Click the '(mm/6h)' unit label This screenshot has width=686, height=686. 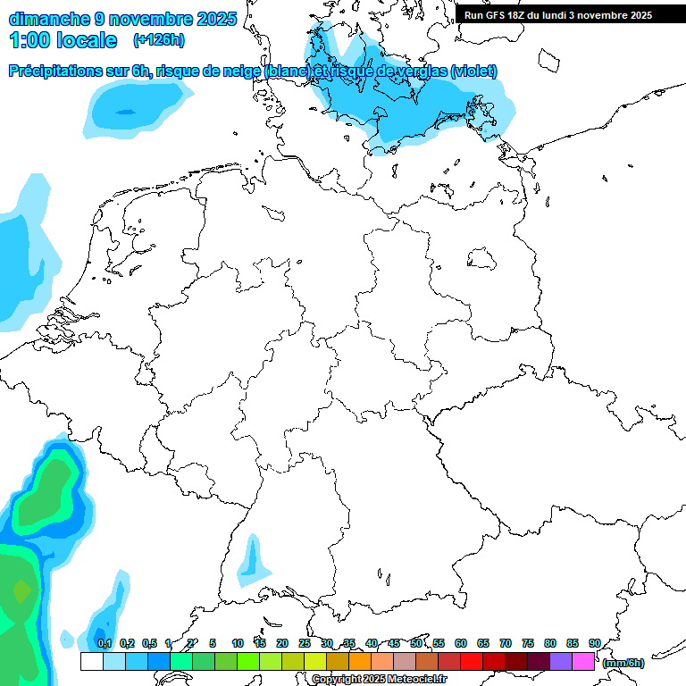tap(623, 663)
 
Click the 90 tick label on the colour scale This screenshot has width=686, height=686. tap(595, 643)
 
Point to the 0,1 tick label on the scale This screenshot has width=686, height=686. tap(105, 643)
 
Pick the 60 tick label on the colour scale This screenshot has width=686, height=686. tap(461, 643)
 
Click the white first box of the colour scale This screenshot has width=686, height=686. tap(91, 662)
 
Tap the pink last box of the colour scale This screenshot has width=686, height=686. tap(583, 662)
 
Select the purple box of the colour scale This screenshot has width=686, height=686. tap(561, 662)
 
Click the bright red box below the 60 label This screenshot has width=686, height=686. tap(472, 662)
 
